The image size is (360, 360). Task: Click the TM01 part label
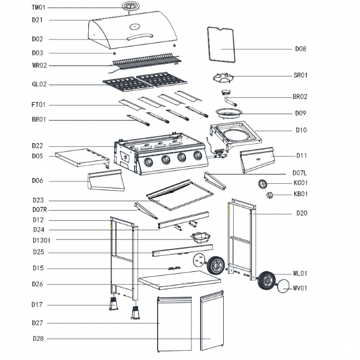tap(38, 8)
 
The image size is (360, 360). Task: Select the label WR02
tap(39, 66)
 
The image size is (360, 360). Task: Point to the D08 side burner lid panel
tap(220, 45)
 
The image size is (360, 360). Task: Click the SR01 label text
tap(300, 75)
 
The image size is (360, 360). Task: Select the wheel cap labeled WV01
tap(284, 286)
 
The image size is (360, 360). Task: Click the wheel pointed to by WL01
tap(267, 281)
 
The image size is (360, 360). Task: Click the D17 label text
tap(38, 304)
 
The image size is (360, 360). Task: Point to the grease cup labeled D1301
tap(201, 237)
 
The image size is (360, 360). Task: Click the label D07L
tap(300, 173)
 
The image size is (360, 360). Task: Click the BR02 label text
tap(300, 97)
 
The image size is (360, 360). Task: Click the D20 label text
tap(301, 213)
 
